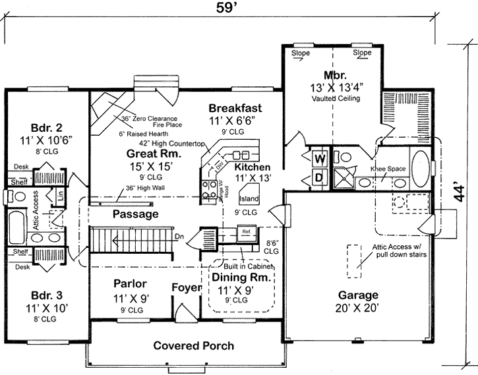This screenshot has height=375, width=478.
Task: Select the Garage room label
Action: tap(358, 295)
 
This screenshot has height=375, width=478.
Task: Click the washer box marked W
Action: tap(318, 159)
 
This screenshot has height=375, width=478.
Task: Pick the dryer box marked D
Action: tap(318, 177)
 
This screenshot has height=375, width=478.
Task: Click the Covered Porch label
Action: tap(194, 345)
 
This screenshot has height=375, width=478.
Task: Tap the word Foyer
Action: tap(186, 287)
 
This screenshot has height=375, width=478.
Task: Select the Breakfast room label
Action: tap(235, 108)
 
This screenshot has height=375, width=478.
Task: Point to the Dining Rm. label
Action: tap(235, 277)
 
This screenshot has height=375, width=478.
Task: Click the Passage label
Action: tap(134, 214)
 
